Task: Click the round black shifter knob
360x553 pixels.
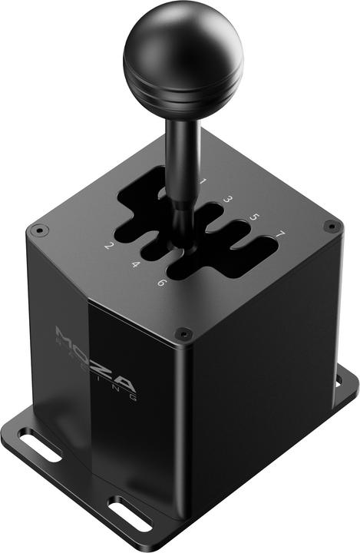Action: (183, 46)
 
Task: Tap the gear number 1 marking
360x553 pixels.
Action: (203, 182)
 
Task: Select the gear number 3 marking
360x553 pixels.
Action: (228, 200)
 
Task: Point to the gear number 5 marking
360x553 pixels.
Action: (255, 217)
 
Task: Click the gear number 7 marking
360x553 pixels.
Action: (281, 233)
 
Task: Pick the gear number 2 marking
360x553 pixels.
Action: (109, 247)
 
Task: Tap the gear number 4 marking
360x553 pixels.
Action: (135, 265)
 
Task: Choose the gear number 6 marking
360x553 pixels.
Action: (161, 283)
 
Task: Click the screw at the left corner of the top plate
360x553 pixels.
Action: (38, 229)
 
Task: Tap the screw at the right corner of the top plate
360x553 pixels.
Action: (331, 226)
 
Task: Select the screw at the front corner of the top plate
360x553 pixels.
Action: (183, 333)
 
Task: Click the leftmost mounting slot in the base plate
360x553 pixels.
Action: (39, 448)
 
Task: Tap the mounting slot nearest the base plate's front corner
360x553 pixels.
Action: (130, 514)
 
